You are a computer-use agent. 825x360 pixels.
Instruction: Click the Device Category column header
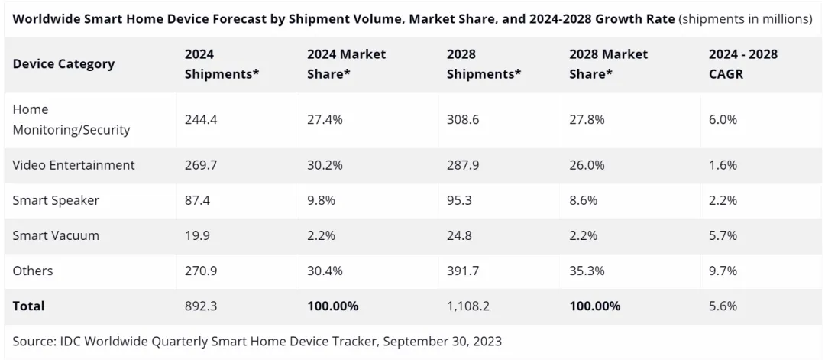tap(63, 63)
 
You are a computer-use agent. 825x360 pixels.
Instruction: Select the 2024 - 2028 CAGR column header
tap(743, 63)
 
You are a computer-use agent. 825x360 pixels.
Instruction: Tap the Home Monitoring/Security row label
tap(71, 120)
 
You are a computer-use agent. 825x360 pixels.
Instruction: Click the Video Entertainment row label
tap(73, 165)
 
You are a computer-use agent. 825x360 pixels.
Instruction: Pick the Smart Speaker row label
tap(56, 200)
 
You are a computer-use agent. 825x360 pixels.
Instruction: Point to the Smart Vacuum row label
tap(56, 235)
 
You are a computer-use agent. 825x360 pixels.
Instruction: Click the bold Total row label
tap(29, 306)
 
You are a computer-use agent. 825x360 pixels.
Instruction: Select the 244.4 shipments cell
tap(201, 120)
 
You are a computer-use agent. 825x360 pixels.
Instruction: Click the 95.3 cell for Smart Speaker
tap(460, 200)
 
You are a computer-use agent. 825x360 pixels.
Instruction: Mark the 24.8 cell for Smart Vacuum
tap(460, 235)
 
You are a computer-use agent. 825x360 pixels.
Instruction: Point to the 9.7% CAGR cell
tap(723, 271)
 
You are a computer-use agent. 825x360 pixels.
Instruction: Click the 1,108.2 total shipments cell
tap(469, 306)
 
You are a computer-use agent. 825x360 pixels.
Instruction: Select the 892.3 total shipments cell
tap(201, 306)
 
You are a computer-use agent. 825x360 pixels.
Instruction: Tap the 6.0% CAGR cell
tap(723, 120)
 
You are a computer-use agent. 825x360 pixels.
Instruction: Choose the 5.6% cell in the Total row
tap(723, 306)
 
